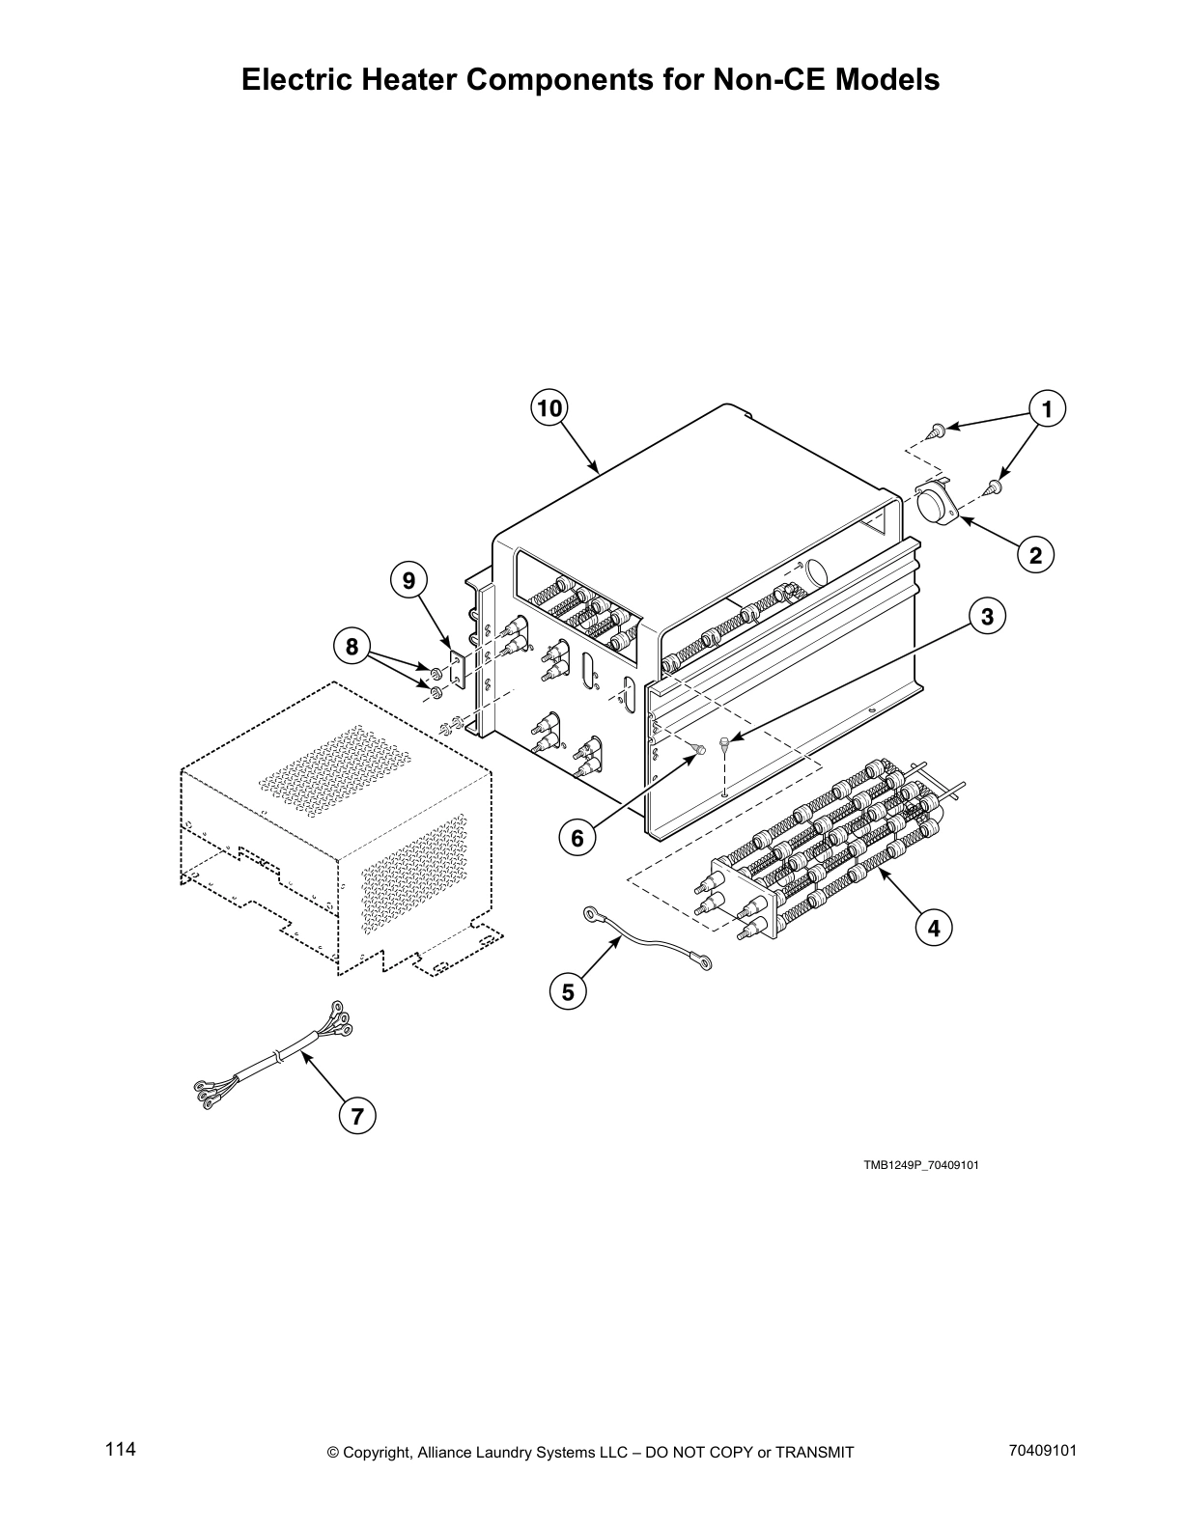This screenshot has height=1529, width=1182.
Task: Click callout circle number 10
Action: [x=549, y=408]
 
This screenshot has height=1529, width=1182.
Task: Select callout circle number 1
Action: [x=1047, y=408]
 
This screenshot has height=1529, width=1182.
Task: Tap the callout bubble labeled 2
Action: [x=1035, y=555]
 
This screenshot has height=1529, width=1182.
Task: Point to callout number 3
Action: [x=987, y=616]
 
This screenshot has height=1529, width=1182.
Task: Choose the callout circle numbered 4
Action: [x=933, y=929]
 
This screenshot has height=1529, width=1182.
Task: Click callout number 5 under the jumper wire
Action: [x=568, y=991]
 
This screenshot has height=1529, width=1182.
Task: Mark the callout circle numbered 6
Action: [x=577, y=838]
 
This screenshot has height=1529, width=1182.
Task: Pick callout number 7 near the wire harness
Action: [x=357, y=1117]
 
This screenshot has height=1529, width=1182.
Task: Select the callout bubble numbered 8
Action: [x=352, y=646]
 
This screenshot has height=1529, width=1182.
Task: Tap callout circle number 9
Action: [x=408, y=580]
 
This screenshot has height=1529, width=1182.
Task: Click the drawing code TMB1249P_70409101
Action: [x=920, y=1165]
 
